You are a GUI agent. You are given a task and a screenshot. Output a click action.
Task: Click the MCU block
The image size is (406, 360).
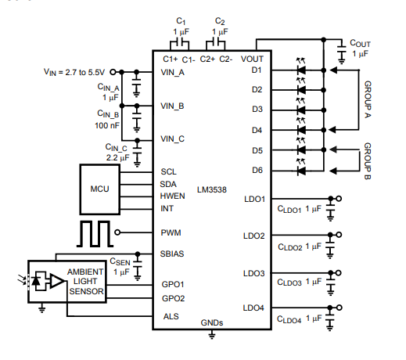(x=100, y=189)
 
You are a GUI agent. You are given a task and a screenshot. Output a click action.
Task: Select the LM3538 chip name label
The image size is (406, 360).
(x=212, y=189)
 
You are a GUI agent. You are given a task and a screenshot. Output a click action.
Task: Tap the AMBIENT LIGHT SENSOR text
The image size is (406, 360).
(x=86, y=282)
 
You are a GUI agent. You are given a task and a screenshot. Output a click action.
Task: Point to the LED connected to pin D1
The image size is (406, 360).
(x=301, y=70)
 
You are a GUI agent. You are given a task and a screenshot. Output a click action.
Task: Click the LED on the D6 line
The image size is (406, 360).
(x=301, y=171)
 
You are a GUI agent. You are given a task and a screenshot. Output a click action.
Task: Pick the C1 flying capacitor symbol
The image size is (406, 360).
(x=180, y=41)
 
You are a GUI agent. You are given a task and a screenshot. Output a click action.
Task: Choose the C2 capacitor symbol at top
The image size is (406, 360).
(x=215, y=41)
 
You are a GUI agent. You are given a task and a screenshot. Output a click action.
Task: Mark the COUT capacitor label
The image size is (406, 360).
(x=360, y=43)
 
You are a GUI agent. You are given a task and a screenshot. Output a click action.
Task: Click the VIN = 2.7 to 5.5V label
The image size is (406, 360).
(x=74, y=72)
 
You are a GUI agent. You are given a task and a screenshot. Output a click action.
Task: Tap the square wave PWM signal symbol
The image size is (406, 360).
(x=95, y=234)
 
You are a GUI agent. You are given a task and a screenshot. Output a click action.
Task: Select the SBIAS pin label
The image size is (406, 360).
(x=172, y=254)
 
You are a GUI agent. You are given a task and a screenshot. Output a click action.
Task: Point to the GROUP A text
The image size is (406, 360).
(x=368, y=99)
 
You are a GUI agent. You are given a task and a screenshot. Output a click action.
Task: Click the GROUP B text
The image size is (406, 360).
(x=368, y=161)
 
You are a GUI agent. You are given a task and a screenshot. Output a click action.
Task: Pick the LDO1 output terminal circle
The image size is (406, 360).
(x=339, y=199)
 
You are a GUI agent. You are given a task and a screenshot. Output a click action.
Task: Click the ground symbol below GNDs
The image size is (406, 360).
(x=212, y=335)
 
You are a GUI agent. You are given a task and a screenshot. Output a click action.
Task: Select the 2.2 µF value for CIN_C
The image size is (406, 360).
(x=117, y=158)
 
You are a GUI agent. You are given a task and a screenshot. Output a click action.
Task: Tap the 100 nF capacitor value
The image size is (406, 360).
(x=107, y=125)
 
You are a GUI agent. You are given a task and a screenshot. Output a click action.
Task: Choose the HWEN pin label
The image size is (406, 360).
(x=172, y=196)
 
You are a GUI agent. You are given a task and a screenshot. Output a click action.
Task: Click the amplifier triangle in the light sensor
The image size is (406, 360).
(x=57, y=281)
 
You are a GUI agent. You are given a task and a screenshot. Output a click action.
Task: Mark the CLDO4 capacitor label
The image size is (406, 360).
(x=289, y=319)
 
